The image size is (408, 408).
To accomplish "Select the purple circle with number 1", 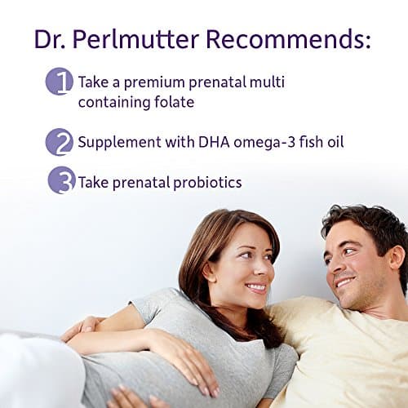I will click(60, 82).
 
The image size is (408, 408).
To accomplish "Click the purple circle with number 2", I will click(60, 142).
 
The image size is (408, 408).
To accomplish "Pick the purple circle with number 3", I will click(61, 180).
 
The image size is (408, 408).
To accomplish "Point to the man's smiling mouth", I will click(344, 282).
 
